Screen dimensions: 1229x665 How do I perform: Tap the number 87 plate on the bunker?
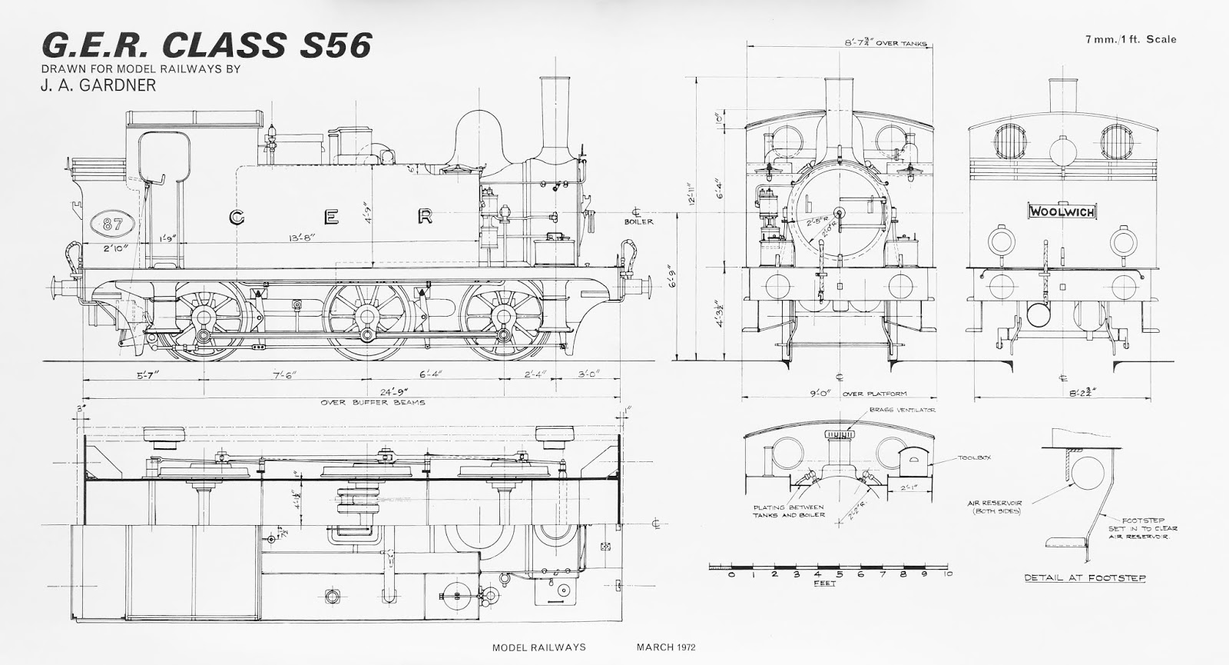(x=112, y=223)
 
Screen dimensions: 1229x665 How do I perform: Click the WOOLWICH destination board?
(x=1062, y=210)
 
